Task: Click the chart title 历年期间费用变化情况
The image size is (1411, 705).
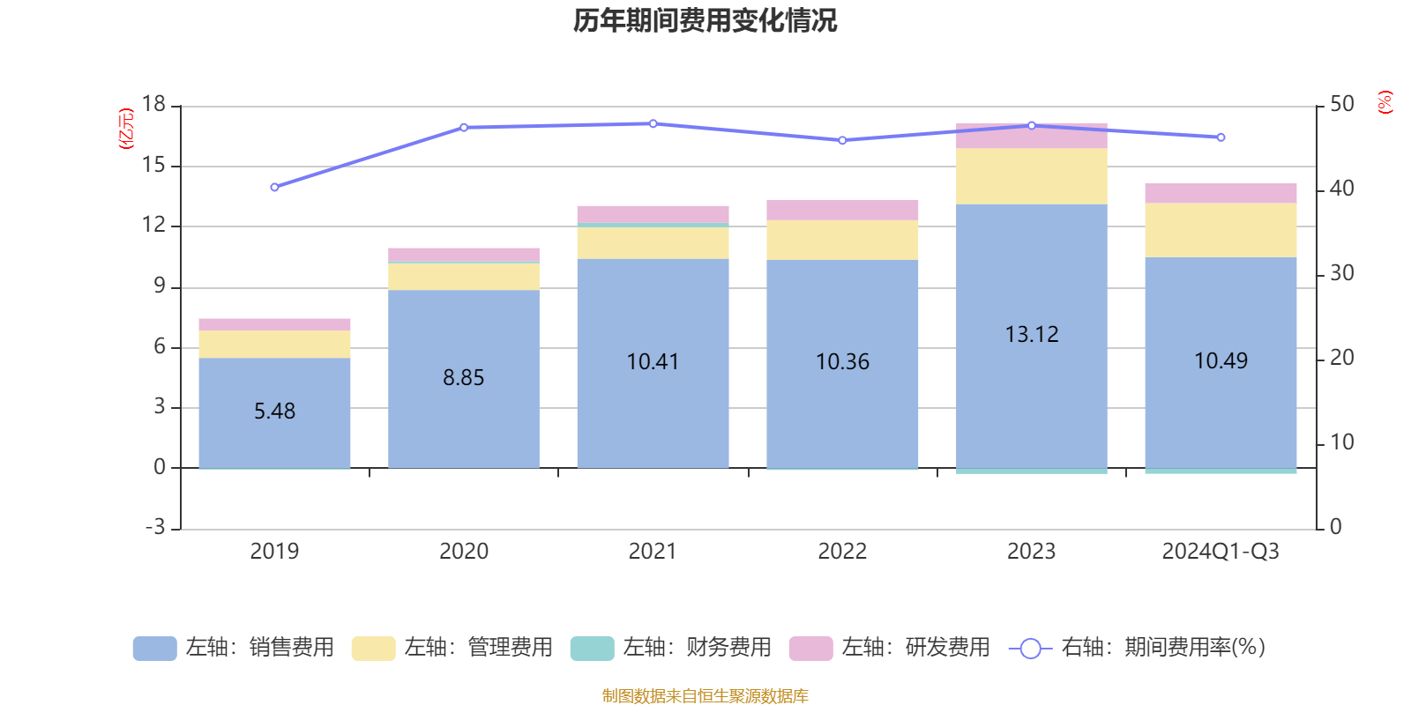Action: (x=705, y=20)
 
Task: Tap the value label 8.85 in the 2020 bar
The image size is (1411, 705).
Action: (x=464, y=378)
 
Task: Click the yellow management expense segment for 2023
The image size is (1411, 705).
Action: (x=1032, y=176)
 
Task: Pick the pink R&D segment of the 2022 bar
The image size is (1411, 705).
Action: (x=842, y=210)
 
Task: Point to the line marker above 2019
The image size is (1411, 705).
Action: (x=274, y=187)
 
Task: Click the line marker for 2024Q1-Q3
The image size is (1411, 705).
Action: (x=1221, y=137)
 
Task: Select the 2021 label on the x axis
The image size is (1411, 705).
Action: (x=653, y=552)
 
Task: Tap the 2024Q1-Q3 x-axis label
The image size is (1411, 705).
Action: (x=1221, y=552)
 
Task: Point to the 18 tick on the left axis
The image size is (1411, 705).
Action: (x=154, y=105)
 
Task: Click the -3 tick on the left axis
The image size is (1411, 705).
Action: (x=154, y=528)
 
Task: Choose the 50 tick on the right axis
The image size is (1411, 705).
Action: (x=1341, y=105)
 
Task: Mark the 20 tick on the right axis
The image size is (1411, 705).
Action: (x=1341, y=358)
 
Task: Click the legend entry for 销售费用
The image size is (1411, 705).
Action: (x=234, y=648)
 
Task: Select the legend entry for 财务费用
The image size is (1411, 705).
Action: (x=671, y=648)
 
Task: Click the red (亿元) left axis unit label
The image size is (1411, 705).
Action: (x=126, y=129)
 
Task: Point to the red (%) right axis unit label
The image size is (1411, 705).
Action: (x=1385, y=102)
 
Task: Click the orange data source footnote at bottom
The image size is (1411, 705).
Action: (x=705, y=696)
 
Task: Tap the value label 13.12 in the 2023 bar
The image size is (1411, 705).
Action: (x=1032, y=335)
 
